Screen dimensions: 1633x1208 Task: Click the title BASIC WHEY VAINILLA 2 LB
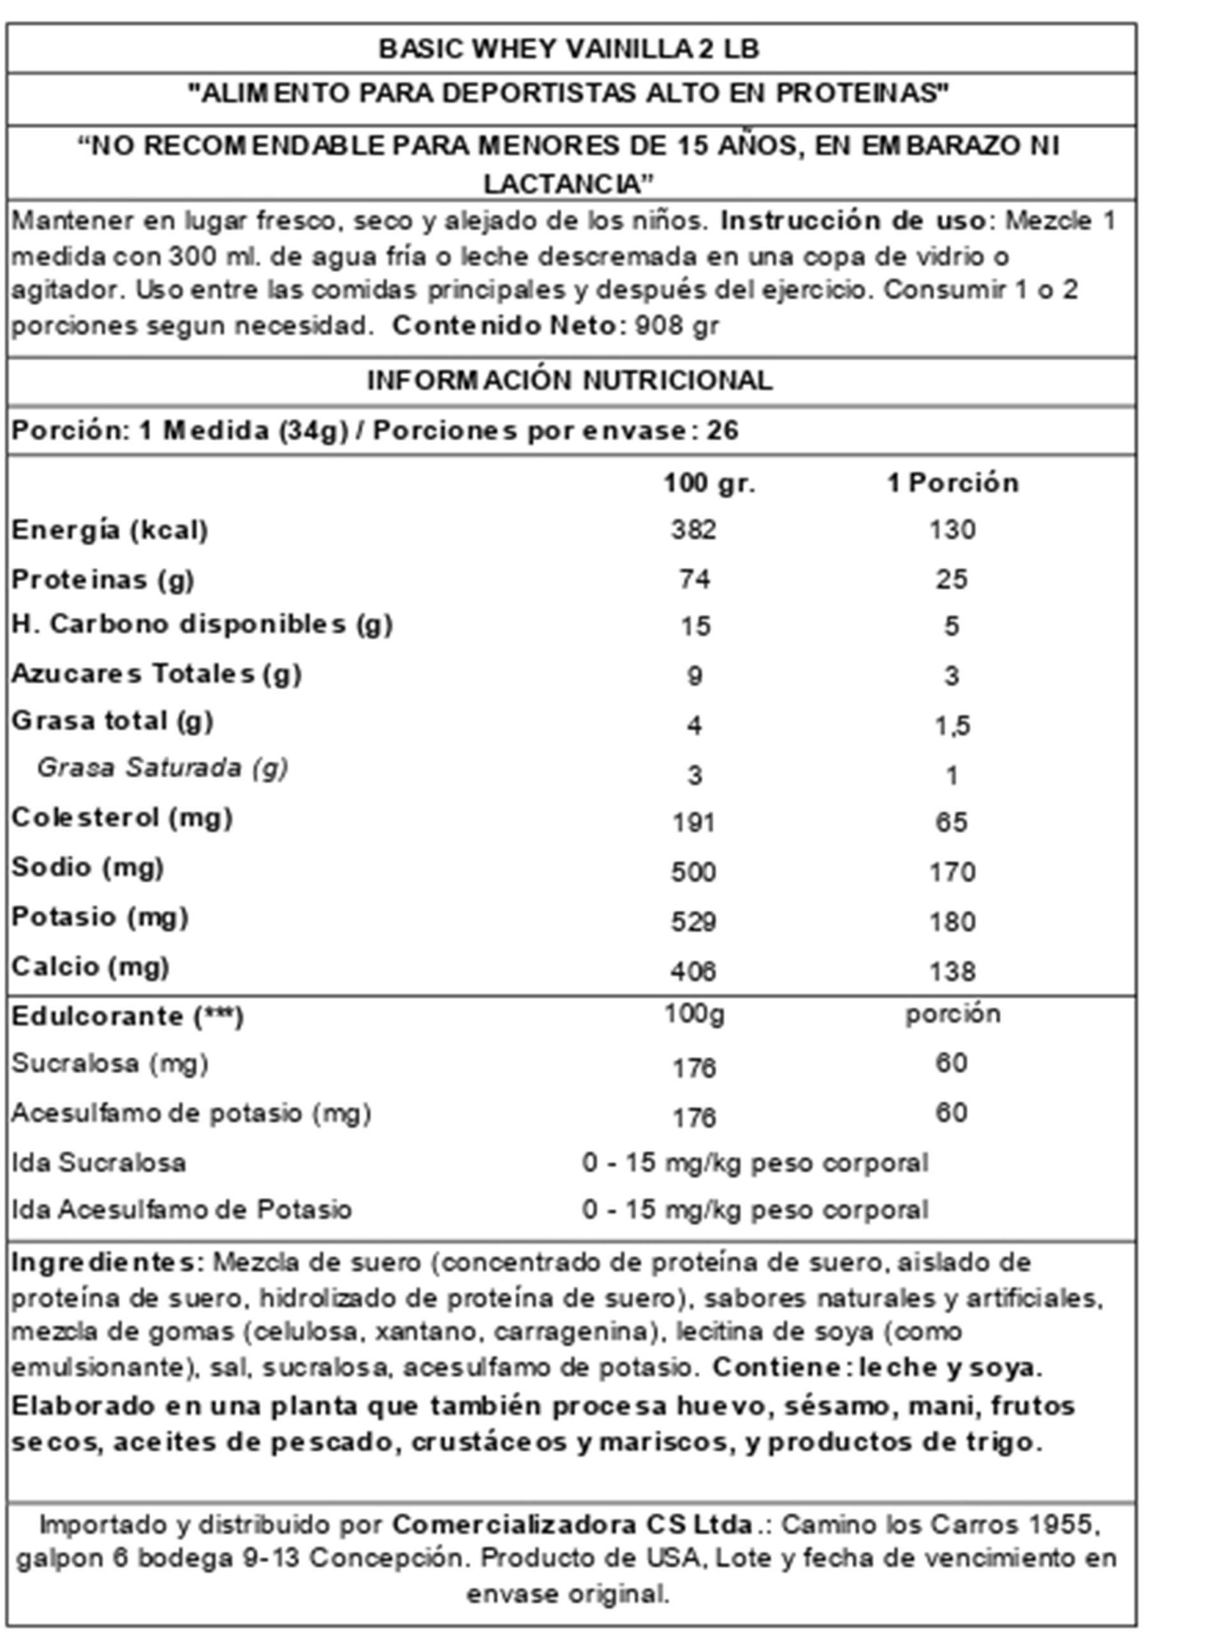569,49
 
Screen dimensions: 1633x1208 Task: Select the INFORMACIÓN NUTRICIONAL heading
569,380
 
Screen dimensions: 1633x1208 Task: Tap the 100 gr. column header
709,484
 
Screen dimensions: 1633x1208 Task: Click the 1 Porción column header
952,484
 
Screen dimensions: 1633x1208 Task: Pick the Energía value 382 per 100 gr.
693,530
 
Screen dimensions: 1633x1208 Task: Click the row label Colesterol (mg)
122,818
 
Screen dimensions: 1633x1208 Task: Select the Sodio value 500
693,873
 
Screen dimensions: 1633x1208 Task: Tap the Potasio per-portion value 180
952,922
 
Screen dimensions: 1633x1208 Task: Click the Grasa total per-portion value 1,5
952,726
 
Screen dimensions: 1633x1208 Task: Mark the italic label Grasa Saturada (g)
163,769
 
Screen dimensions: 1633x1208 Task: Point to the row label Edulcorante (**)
127,1017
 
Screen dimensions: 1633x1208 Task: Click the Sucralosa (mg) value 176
693,1069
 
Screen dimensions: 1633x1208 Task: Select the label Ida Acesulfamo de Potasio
181,1209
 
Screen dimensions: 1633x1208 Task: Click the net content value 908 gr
677,325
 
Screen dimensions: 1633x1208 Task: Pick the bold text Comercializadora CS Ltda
573,1525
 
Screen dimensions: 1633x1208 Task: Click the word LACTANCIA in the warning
568,184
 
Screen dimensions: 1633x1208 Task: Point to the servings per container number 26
723,431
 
